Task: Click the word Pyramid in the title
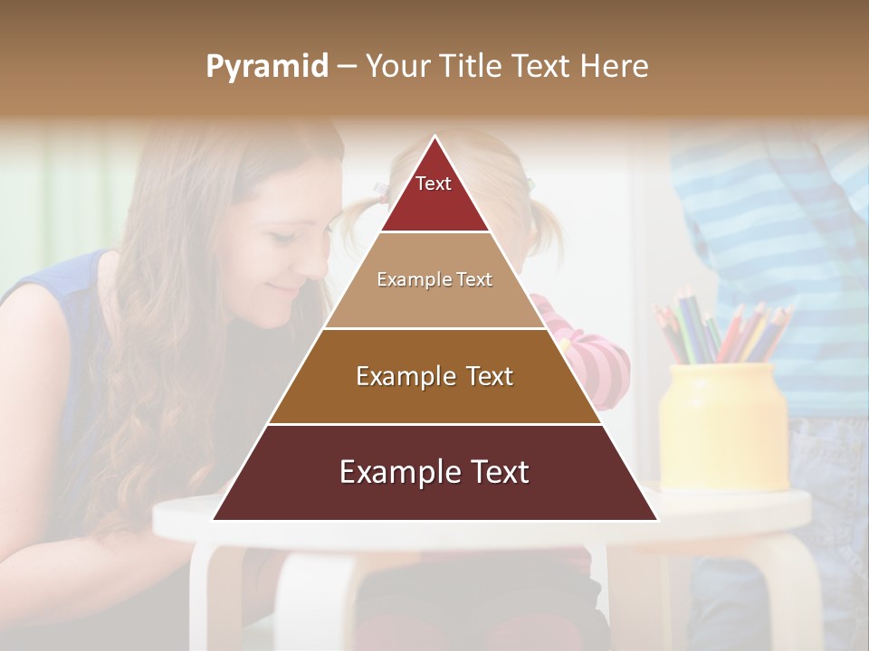(x=267, y=67)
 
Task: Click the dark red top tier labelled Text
(x=434, y=194)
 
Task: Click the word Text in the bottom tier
(x=492, y=472)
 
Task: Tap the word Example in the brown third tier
(x=402, y=376)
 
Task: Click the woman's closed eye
(x=281, y=237)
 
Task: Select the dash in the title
(x=346, y=67)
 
